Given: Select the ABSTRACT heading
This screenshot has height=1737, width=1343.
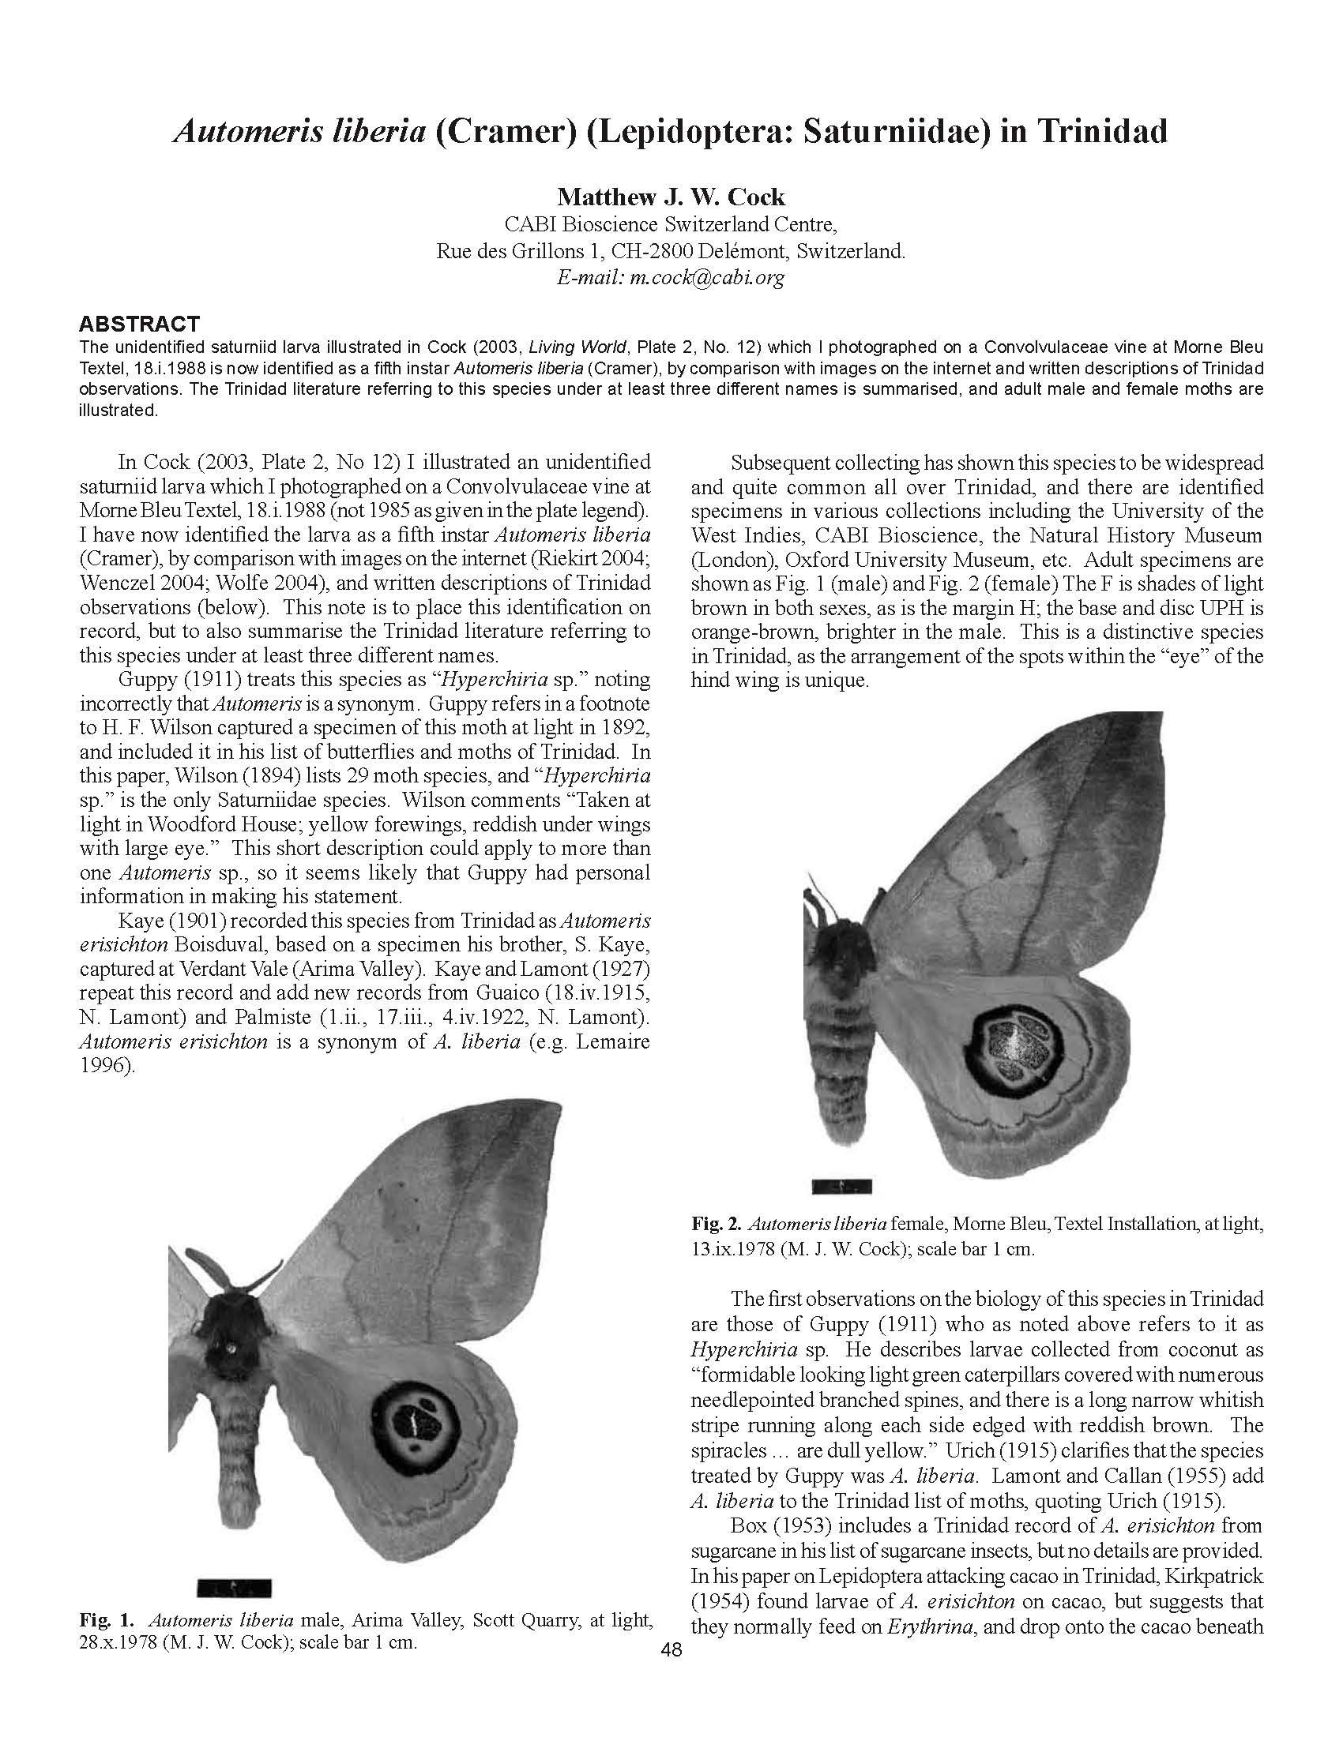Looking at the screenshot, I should pyautogui.click(x=138, y=324).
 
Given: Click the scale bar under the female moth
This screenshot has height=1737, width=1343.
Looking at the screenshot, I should pyautogui.click(x=842, y=1187).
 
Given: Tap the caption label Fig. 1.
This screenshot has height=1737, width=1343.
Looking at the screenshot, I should pyautogui.click(x=107, y=1619).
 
